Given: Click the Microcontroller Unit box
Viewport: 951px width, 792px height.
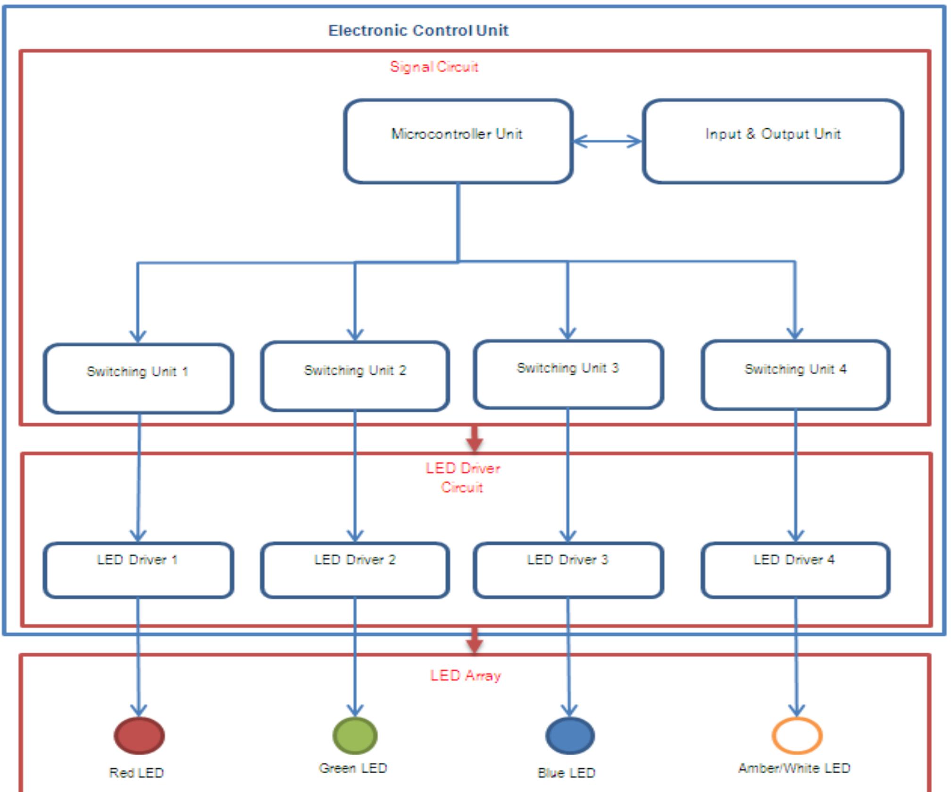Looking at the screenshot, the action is (458, 141).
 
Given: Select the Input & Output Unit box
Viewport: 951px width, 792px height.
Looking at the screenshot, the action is (773, 141).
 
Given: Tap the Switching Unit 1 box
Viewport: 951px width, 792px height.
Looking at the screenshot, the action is (138, 379).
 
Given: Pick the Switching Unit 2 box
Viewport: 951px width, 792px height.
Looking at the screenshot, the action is (355, 376).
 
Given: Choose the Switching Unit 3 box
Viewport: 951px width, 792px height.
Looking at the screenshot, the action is (568, 375).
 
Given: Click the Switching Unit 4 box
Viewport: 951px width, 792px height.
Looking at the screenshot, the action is (795, 375).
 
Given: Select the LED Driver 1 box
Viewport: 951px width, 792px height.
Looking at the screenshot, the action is (138, 570).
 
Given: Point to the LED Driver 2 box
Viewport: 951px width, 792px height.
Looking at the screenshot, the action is (355, 570).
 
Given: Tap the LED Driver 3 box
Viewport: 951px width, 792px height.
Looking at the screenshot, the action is (568, 570).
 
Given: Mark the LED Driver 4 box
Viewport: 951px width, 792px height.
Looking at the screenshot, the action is (795, 570).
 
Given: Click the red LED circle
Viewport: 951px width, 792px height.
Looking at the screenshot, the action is (139, 735).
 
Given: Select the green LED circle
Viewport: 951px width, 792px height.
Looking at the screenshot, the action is (355, 735).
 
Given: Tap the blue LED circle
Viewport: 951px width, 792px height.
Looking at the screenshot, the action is (570, 735).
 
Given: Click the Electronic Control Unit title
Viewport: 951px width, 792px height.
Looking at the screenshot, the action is (418, 31).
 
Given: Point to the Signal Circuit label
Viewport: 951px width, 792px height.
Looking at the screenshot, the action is (434, 67).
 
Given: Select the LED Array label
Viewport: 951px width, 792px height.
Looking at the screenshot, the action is (465, 675).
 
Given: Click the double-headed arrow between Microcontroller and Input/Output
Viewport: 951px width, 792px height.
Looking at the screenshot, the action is (608, 141).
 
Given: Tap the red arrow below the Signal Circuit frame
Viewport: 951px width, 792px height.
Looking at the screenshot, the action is (474, 439).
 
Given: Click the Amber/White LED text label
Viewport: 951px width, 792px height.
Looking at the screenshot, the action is (794, 768).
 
